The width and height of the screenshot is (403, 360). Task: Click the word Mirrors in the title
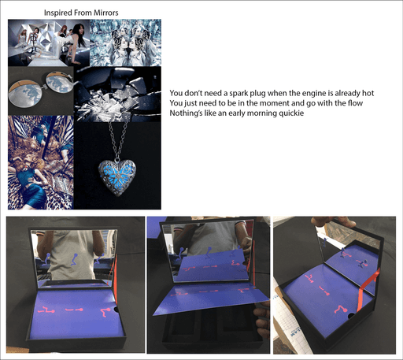tap(106, 13)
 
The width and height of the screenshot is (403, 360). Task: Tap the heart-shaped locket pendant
tap(117, 177)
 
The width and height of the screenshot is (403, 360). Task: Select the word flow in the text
tap(355, 103)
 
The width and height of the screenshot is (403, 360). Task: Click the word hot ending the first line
tap(368, 93)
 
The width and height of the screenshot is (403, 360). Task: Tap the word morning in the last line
tap(262, 113)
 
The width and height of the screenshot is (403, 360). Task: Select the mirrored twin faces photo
tap(125, 43)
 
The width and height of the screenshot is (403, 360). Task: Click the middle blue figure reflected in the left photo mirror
tap(74, 259)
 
